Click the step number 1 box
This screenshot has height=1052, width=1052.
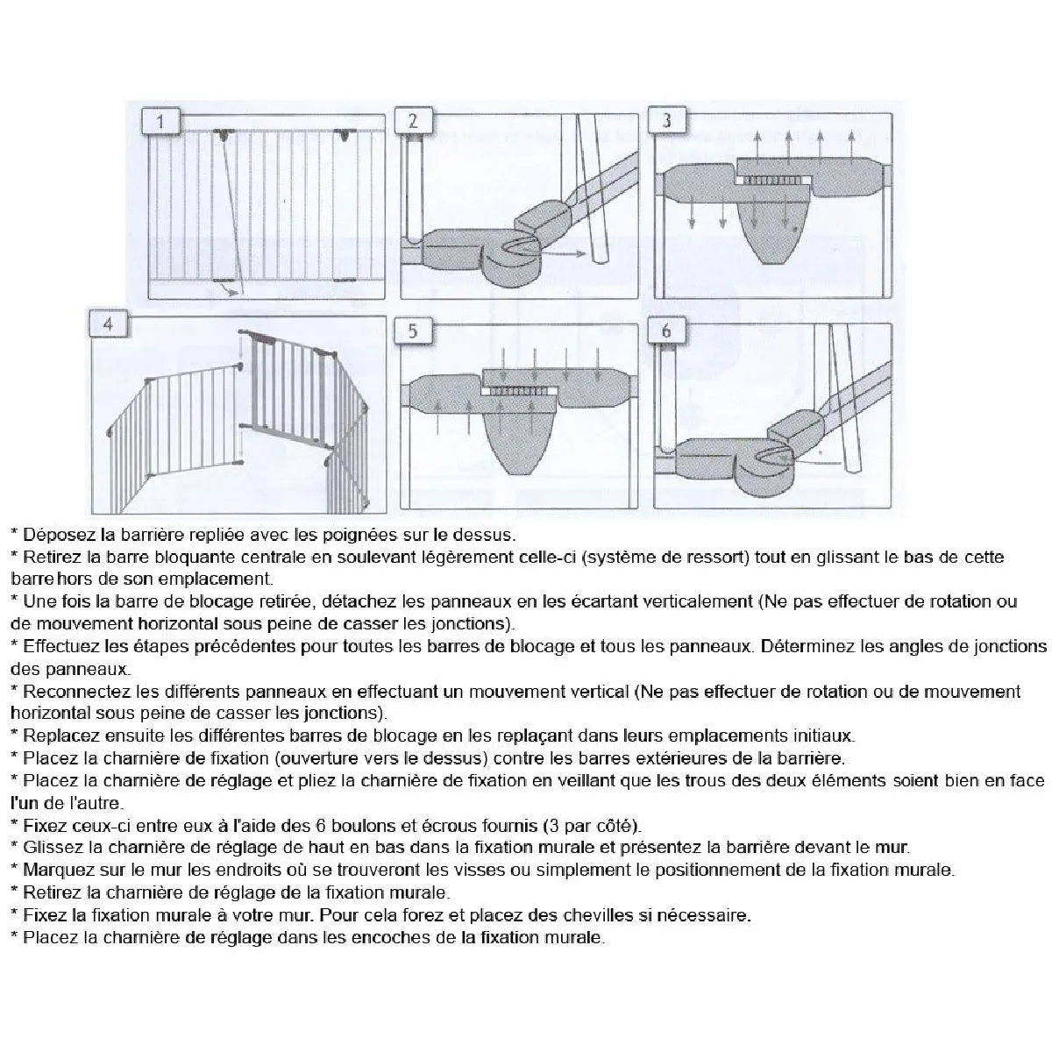pos(160,120)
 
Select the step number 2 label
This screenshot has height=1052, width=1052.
pos(413,120)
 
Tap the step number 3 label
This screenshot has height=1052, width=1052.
pos(667,120)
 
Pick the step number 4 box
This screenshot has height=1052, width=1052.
pos(108,324)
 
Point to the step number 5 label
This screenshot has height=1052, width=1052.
pos(413,331)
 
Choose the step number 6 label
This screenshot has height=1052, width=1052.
pos(667,331)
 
